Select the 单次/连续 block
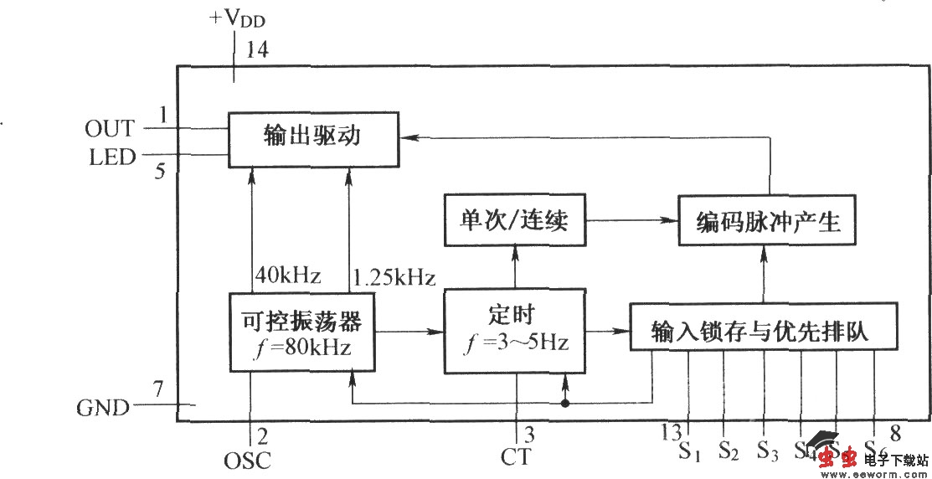click(514, 221)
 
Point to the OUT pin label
click(109, 129)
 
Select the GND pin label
click(103, 409)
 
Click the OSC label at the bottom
click(247, 460)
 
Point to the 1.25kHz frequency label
click(394, 276)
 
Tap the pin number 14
click(256, 50)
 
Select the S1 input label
click(689, 452)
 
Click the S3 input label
click(766, 452)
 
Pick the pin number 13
click(671, 432)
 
